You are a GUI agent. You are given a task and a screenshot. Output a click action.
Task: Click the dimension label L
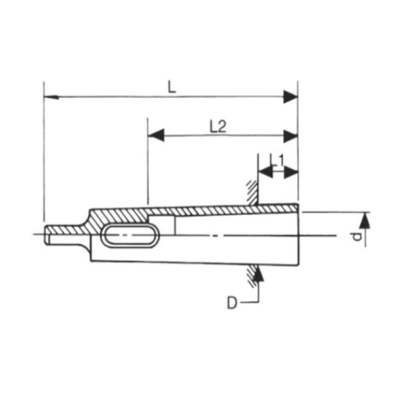tap(172, 87)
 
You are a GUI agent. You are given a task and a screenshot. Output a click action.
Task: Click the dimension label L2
tap(218, 127)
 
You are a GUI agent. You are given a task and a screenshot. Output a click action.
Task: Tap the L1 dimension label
tap(277, 161)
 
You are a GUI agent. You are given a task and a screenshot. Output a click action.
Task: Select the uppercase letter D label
tap(232, 303)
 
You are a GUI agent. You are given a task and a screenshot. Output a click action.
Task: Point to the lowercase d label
tap(357, 237)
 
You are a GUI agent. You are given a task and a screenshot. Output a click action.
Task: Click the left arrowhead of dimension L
tap(50, 97)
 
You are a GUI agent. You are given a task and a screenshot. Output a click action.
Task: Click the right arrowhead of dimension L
tap(290, 97)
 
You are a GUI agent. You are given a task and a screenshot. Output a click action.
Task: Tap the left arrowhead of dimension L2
tap(156, 136)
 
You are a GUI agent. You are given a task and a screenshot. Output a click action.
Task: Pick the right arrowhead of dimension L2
tap(290, 136)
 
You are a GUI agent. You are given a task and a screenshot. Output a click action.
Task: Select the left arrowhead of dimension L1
tap(265, 172)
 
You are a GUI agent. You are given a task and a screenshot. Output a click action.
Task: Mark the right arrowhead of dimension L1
tap(291, 172)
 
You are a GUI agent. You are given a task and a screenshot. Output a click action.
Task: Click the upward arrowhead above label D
tap(258, 275)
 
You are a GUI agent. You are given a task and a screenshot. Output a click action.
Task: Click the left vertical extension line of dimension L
tap(44, 153)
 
